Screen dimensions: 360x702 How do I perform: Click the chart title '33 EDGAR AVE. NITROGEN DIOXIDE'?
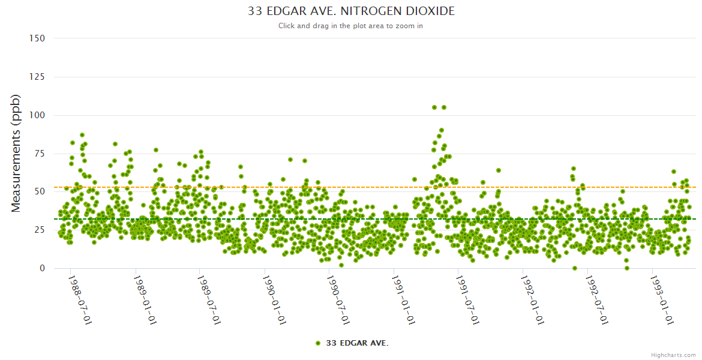click(x=351, y=11)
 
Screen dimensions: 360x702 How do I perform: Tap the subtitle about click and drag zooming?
click(x=351, y=26)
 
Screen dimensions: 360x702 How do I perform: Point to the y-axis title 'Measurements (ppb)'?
click(x=16, y=153)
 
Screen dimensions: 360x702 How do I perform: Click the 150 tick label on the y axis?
click(x=37, y=38)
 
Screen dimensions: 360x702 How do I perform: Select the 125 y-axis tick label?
click(x=37, y=77)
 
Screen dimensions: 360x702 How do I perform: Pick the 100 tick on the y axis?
click(x=37, y=115)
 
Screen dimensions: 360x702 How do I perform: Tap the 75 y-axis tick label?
click(x=39, y=154)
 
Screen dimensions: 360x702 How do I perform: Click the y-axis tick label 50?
click(x=39, y=192)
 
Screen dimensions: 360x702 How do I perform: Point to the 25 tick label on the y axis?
click(x=39, y=230)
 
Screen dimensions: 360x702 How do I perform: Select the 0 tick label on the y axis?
click(x=42, y=268)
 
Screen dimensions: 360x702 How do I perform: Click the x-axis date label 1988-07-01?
click(x=79, y=301)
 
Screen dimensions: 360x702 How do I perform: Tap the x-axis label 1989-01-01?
click(x=144, y=301)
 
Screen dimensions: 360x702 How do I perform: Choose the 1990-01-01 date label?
click(x=273, y=301)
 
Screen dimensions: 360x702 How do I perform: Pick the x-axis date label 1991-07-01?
click(x=467, y=301)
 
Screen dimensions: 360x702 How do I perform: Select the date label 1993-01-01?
click(x=661, y=301)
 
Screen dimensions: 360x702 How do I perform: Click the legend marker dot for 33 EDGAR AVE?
click(x=318, y=343)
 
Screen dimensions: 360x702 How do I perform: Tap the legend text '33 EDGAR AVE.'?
click(x=357, y=343)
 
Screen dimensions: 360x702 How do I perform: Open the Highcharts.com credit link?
click(x=673, y=355)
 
